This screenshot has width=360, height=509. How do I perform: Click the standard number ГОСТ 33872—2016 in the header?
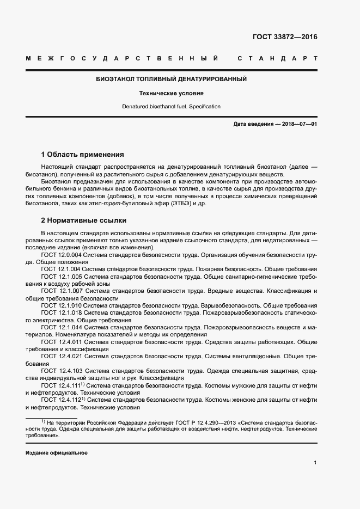(x=285, y=37)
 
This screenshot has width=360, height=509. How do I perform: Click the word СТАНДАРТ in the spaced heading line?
(x=277, y=58)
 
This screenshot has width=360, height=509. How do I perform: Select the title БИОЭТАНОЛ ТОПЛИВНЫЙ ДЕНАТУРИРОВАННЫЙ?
(x=172, y=79)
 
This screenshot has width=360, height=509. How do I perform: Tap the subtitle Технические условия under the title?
(x=172, y=93)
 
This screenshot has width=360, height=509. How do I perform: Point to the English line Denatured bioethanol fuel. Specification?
(x=172, y=107)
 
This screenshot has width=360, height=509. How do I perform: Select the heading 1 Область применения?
(x=82, y=155)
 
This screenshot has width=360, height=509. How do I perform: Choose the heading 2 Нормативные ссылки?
(x=83, y=220)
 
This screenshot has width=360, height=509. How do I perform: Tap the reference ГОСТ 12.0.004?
(x=61, y=255)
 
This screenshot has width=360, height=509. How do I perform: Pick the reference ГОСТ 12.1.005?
(x=61, y=277)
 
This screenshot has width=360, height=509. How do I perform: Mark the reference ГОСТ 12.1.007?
(x=61, y=291)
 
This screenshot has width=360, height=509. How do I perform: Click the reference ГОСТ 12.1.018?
(x=61, y=313)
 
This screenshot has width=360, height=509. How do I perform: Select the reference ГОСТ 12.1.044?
(x=61, y=328)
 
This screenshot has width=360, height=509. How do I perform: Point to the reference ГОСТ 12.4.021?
(x=61, y=357)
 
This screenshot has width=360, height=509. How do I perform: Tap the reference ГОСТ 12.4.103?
(x=61, y=371)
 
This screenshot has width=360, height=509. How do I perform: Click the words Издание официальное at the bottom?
(x=57, y=453)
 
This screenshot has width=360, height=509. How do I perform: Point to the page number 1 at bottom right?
(x=315, y=463)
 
